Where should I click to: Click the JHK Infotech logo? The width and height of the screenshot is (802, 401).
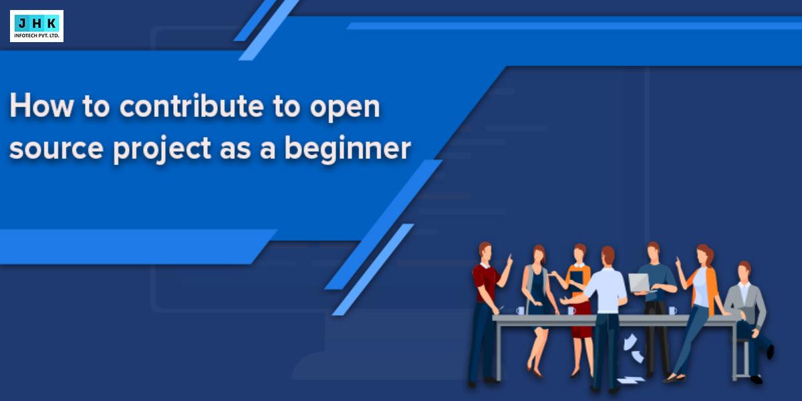click(x=37, y=26)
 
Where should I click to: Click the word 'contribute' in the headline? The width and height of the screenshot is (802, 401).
click(x=192, y=106)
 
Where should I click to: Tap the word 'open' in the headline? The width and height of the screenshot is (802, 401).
click(x=345, y=108)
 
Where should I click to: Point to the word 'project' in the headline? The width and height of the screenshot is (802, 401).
click(x=162, y=149)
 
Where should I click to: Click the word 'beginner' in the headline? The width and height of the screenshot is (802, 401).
click(x=348, y=149)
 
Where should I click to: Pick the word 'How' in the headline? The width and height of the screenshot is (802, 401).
click(x=42, y=106)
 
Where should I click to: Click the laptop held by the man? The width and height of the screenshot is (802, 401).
click(x=640, y=283)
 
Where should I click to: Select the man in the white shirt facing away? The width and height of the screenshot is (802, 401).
click(x=608, y=319)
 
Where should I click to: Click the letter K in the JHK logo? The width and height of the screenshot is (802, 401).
click(x=51, y=23)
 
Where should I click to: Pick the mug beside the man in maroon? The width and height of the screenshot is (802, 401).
click(x=520, y=310)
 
